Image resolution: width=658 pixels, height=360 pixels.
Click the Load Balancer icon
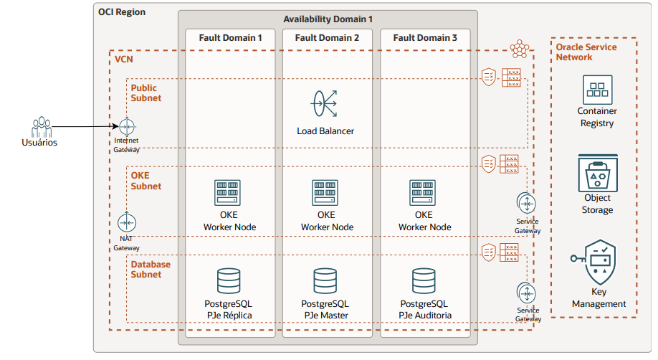tap(325, 105)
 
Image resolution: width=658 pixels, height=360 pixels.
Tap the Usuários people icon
tap(39, 126)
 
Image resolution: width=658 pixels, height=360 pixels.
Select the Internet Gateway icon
tap(128, 126)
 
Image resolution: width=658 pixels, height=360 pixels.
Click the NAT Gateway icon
tap(127, 223)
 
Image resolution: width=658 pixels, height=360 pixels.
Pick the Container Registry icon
tap(597, 89)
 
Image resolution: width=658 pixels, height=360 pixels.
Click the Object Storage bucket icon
tap(597, 174)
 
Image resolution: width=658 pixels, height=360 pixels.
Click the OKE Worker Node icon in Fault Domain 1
tap(229, 193)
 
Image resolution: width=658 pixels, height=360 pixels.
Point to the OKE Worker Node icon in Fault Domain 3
tap(423, 193)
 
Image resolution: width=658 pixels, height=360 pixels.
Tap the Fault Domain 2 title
tap(327, 37)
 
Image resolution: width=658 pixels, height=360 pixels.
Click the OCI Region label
tap(120, 12)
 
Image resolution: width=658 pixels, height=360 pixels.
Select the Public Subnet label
tap(146, 93)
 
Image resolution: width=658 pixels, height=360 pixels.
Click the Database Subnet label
tap(151, 269)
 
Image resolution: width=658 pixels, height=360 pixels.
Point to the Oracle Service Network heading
tap(586, 52)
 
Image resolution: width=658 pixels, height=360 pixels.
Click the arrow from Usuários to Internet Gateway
tap(86, 127)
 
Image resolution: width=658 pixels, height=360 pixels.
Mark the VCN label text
tap(124, 59)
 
